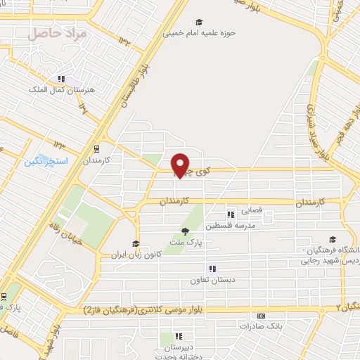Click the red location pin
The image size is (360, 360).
[x=181, y=164]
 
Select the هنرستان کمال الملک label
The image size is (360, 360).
[x=56, y=90]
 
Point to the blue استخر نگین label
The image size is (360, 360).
[x=46, y=161]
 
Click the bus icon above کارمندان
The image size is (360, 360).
[x=96, y=148]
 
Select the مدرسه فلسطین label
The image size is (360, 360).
[x=230, y=226]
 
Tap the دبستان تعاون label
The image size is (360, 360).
[x=211, y=280]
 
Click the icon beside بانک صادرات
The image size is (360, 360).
[x=261, y=316]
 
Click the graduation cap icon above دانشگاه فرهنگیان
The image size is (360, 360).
[x=331, y=239]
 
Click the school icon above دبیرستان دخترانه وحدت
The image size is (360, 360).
[x=179, y=336]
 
